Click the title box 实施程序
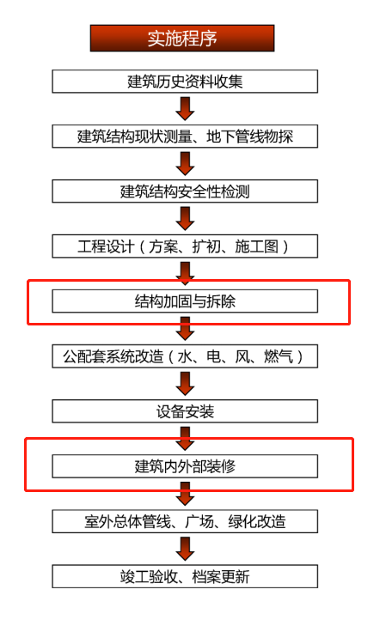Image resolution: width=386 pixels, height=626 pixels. point(182,39)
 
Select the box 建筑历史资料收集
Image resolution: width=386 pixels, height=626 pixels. point(185,82)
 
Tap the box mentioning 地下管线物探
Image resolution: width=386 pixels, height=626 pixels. point(185,137)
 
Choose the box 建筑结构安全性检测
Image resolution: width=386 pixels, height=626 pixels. point(185,191)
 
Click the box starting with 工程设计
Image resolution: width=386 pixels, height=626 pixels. point(185,246)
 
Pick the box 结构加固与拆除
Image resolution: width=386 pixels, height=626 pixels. point(185,301)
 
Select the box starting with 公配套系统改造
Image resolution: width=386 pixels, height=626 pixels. point(185,356)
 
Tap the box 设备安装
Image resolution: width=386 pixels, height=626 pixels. point(185,411)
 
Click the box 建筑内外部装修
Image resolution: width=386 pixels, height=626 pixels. point(185,466)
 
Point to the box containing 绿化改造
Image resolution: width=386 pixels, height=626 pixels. point(185,521)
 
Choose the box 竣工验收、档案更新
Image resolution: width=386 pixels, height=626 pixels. point(185,576)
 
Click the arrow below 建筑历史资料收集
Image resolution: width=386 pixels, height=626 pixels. point(185,109)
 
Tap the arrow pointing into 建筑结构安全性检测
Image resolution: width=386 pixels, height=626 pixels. point(185,164)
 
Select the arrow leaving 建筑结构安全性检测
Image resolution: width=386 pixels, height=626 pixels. point(185,219)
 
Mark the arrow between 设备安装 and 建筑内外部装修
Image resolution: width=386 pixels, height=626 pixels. point(185,439)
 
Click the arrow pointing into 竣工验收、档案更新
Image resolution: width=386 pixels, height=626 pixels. point(185,549)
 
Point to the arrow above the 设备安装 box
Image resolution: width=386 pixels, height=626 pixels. point(185,384)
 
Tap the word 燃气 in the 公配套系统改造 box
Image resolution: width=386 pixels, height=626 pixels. point(279,356)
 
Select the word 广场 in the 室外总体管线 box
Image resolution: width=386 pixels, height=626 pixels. point(199,521)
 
